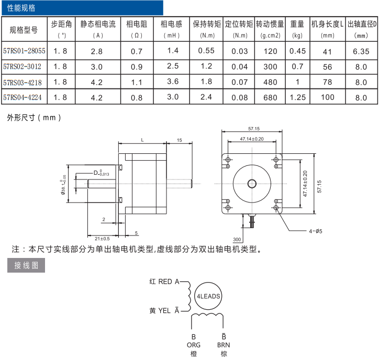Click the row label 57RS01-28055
pos(24,51)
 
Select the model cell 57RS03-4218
pos(22,82)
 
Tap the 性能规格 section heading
pos(21,8)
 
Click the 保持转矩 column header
pos(207,24)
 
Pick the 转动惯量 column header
pos(270,24)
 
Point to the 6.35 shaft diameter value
pos(361,51)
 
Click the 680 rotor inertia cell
pos(270,97)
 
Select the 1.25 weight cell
pos(297,97)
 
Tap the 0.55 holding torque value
pos(207,51)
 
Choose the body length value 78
pos(328,82)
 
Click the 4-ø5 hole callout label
pos(315,231)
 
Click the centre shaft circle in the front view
pos(252,183)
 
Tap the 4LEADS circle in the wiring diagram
pos(208,296)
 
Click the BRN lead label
pos(224,345)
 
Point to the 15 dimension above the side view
pos(180,140)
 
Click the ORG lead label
pos(193,345)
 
